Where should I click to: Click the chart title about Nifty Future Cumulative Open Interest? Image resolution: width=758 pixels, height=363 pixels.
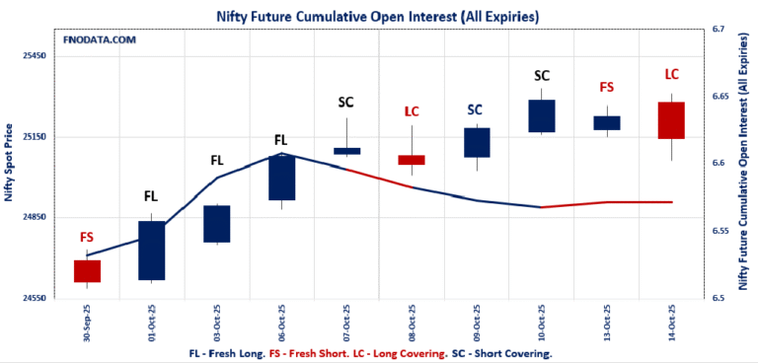pos(378,17)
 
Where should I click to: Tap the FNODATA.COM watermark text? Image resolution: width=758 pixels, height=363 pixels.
pos(99,39)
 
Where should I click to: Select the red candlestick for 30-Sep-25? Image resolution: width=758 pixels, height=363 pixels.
pos(87,271)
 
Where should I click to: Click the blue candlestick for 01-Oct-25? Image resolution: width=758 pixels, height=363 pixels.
pos(151,251)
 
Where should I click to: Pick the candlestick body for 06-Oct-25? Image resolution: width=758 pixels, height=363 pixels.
pos(281,178)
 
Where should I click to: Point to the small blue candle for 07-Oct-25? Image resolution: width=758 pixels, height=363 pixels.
pos(346,151)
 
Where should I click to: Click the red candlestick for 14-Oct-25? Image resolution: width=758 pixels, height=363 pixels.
pos(671,120)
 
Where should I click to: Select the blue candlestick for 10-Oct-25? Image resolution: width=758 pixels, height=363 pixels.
pos(542,116)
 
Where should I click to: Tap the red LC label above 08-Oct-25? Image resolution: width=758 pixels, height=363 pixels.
pos(412,111)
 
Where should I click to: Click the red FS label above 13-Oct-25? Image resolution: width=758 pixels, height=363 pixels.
pos(607,88)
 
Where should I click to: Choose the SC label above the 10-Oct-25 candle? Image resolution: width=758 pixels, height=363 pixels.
pos(542,75)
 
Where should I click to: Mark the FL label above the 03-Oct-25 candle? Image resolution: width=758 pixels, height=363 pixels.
pos(217,160)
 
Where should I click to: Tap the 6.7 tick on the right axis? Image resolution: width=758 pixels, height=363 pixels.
pos(719,30)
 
